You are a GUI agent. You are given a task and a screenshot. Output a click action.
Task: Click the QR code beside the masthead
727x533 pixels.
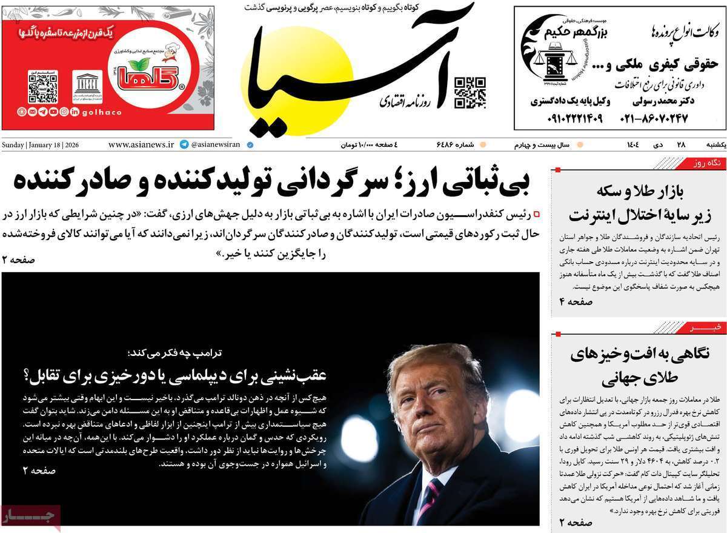tap(470, 93)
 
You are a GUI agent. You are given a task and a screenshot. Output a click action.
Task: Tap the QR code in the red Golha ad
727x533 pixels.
tap(43, 88)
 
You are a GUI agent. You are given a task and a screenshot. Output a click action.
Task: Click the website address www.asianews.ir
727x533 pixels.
tap(141, 145)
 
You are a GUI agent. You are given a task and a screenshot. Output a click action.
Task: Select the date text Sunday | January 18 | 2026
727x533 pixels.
tap(41, 145)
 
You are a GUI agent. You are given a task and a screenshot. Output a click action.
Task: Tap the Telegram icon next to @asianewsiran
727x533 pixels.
tap(184, 145)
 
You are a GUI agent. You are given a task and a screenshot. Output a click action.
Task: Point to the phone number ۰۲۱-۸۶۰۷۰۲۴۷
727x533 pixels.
tap(654, 118)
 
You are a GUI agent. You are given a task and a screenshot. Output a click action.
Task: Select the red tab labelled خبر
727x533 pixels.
tap(706, 327)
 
